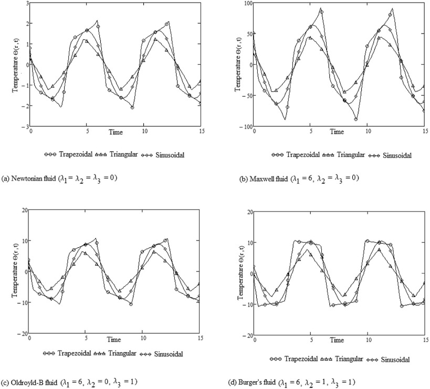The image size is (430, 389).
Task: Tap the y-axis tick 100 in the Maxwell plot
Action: pos(246,4)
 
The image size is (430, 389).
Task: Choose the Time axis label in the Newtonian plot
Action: pos(116,132)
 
